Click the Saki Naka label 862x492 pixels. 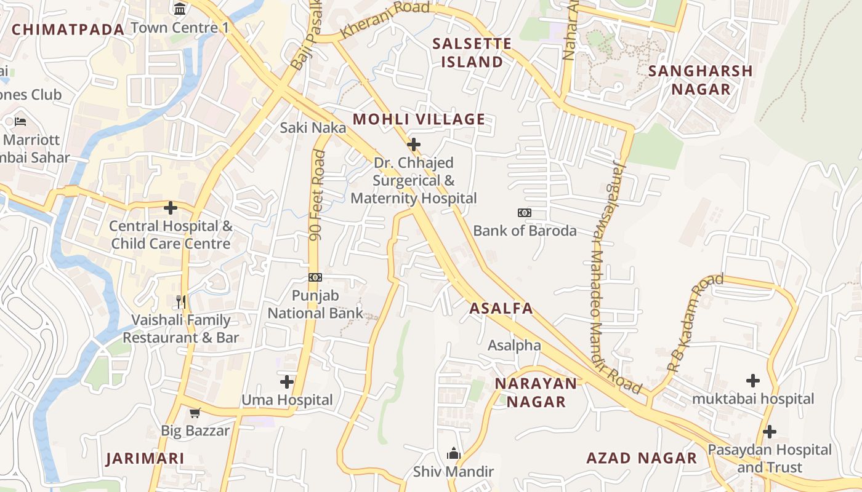click(x=313, y=128)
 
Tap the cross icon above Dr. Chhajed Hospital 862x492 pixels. click(x=414, y=145)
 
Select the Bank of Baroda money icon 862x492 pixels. click(x=525, y=213)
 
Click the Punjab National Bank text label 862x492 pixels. click(x=315, y=304)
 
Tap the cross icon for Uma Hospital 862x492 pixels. click(x=287, y=382)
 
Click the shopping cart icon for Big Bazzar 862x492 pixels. click(x=195, y=413)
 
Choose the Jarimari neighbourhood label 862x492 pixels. click(x=145, y=459)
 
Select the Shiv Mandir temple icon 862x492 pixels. click(x=454, y=454)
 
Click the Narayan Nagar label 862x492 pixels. click(x=536, y=392)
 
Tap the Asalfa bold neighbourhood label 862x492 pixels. click(x=501, y=309)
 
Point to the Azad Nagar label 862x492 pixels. click(x=642, y=458)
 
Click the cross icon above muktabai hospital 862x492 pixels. click(x=752, y=381)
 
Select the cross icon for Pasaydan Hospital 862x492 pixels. click(x=769, y=432)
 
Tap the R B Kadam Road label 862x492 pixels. click(x=695, y=323)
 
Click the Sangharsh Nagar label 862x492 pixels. click(x=701, y=80)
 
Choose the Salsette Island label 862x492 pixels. click(x=472, y=52)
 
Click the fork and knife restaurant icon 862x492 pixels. click(x=181, y=301)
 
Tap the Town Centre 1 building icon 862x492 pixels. click(x=180, y=9)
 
